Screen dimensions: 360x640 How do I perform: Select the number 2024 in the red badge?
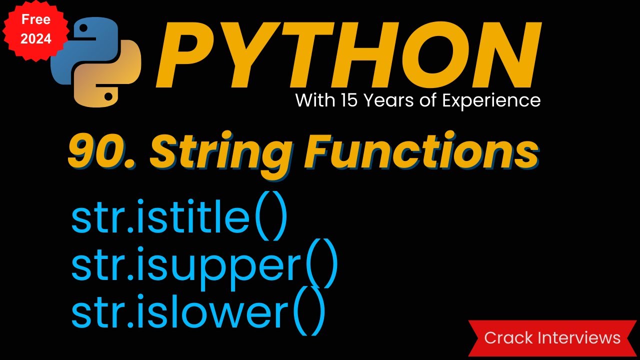(36, 38)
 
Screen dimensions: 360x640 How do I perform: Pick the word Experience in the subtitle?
(492, 101)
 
